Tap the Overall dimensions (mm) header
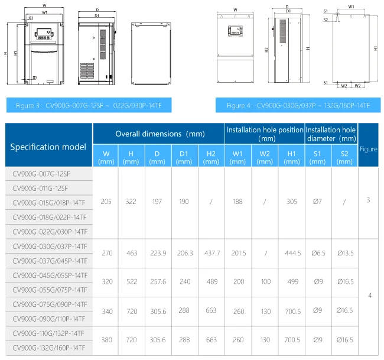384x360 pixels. click(158, 133)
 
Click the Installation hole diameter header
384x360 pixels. click(331, 133)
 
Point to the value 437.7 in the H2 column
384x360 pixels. click(211, 253)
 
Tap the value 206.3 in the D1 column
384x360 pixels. click(185, 253)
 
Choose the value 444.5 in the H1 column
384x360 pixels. click(291, 253)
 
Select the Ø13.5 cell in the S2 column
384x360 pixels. click(345, 253)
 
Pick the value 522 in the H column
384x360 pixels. click(131, 282)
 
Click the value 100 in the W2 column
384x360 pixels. click(265, 282)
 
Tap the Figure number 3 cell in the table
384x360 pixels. click(368, 201)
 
